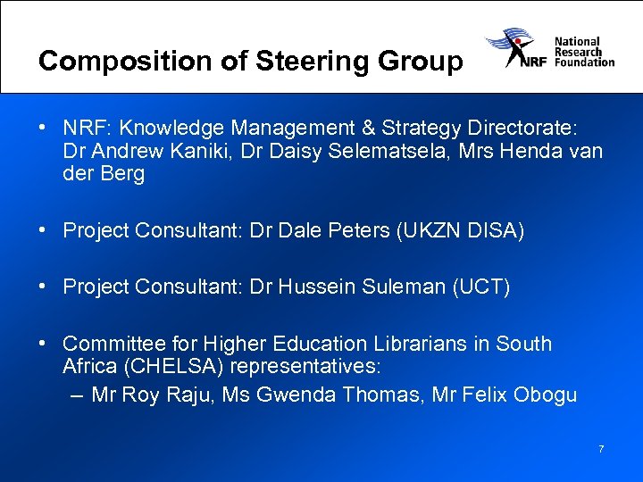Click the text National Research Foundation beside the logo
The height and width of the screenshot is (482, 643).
[584, 52]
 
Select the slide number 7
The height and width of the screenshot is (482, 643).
[601, 449]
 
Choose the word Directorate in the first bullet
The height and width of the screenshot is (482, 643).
[526, 128]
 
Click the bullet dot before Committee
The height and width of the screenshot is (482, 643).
[43, 344]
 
